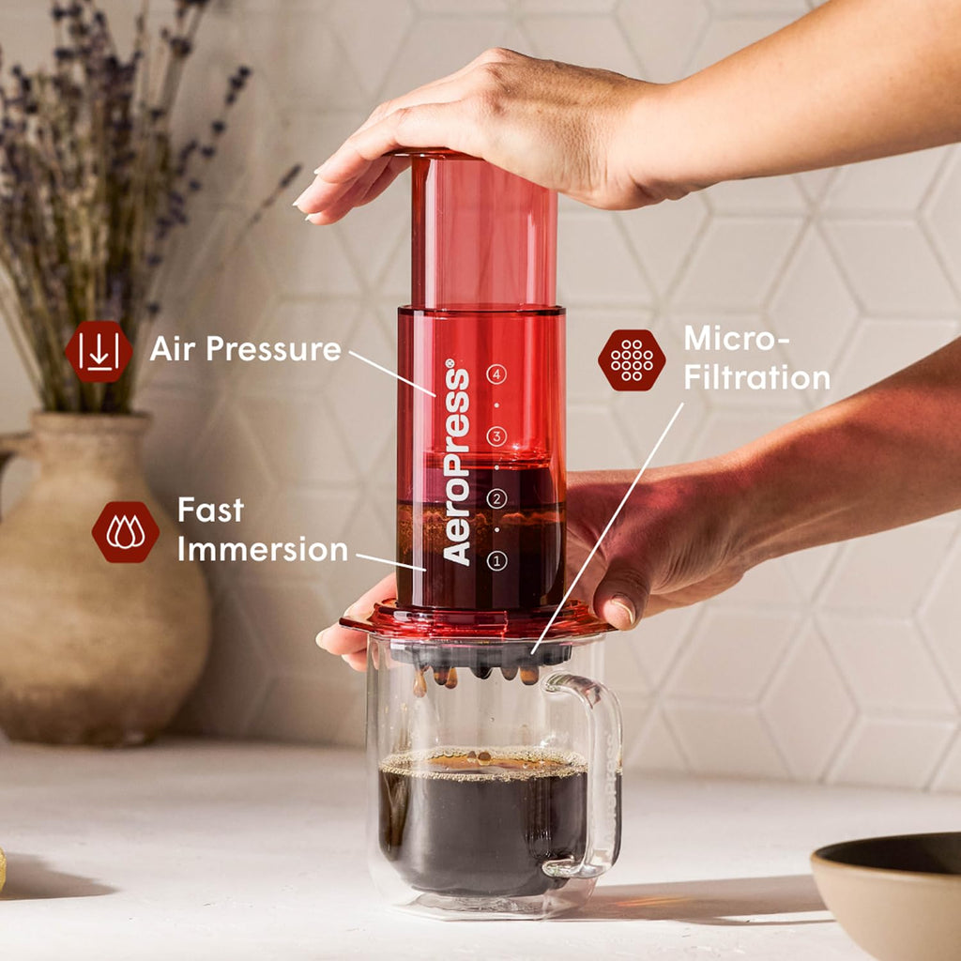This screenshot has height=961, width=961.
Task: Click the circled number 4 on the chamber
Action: click(x=496, y=374)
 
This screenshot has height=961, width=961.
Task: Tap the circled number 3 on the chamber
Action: click(x=496, y=436)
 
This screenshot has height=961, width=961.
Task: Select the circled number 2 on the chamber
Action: click(x=496, y=499)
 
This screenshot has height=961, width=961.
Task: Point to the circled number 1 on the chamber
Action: click(x=496, y=561)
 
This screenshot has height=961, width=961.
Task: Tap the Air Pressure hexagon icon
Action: click(x=99, y=351)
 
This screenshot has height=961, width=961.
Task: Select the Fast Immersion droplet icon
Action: click(x=125, y=532)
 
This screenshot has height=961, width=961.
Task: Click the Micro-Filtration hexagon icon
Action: click(x=632, y=359)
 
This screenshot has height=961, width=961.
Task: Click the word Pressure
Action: click(x=274, y=349)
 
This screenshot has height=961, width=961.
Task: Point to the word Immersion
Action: click(x=263, y=549)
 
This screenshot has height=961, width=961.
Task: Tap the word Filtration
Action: click(x=756, y=377)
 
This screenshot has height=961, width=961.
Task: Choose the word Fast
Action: click(x=210, y=510)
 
